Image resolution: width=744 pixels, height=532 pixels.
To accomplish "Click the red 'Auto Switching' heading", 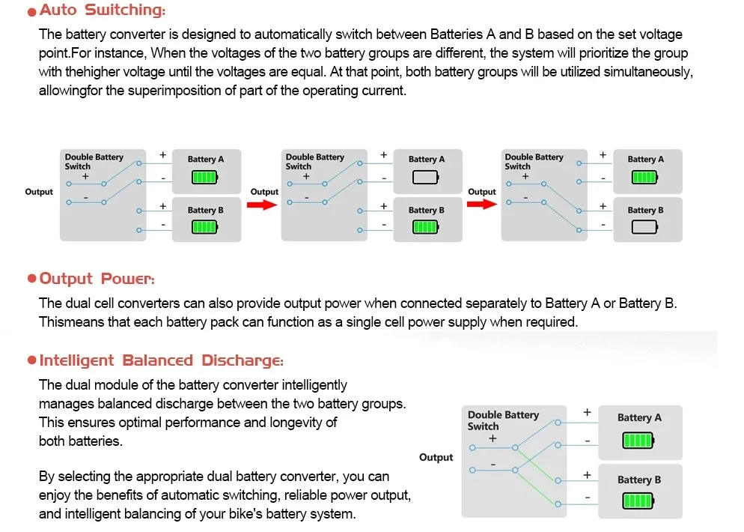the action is [103, 10].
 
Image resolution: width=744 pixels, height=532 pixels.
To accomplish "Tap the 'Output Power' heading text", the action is [97, 279].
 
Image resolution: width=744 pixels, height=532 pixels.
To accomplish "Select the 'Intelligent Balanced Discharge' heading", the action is [162, 360].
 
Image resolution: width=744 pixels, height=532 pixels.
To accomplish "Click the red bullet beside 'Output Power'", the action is [31, 278].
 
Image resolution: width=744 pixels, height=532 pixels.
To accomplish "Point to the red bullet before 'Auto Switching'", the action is [31, 12].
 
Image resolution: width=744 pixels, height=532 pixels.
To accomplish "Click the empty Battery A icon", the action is [426, 178].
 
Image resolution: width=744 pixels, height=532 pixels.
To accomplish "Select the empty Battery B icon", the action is [645, 227].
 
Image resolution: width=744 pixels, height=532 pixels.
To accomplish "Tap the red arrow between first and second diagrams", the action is [262, 205].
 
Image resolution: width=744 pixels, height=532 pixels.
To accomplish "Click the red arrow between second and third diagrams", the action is [481, 205].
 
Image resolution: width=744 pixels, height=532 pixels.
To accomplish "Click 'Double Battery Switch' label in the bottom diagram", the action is [503, 420].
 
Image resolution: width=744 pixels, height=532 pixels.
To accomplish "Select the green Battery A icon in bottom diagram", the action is [638, 441].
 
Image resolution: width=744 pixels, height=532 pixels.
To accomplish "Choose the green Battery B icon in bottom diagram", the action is [638, 501].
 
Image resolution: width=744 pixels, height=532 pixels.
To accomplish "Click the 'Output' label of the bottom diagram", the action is [436, 457].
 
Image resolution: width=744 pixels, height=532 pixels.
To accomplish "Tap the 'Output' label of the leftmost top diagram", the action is [39, 192].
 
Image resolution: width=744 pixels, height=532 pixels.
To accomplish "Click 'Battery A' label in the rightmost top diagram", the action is [645, 159].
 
